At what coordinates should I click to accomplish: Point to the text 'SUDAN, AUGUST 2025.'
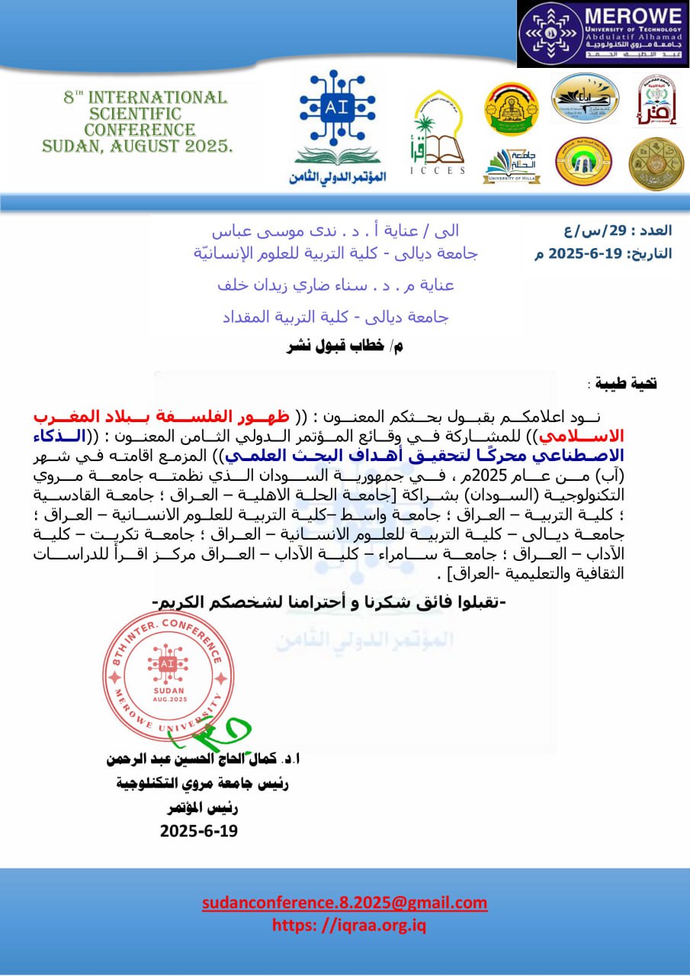click(138, 146)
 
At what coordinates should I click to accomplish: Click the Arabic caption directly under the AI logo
click(338, 177)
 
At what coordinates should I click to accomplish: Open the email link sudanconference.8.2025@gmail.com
click(345, 903)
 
